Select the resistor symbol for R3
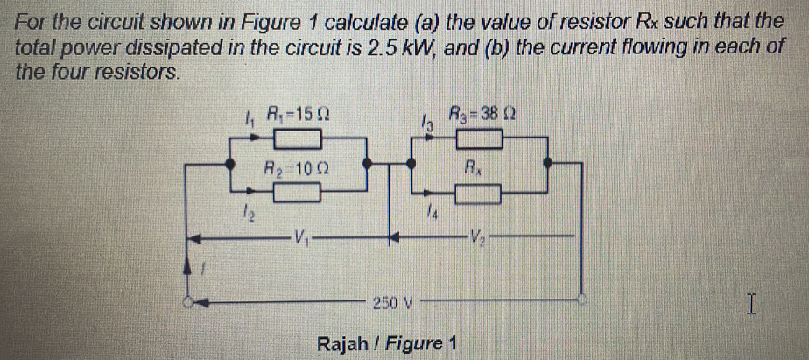click(x=476, y=138)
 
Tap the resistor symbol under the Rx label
click(x=476, y=192)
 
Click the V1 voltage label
click(x=300, y=236)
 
